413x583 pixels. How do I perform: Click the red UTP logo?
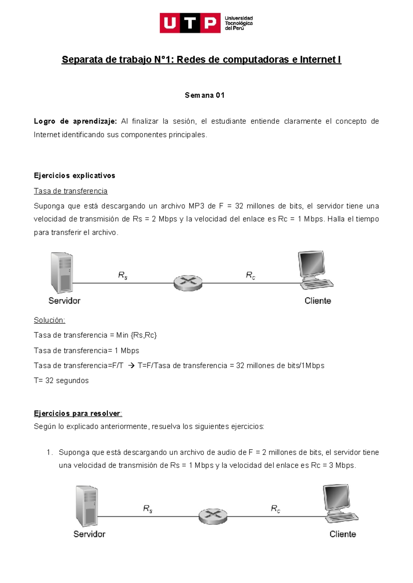[190, 23]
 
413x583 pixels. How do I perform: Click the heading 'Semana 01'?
[204, 95]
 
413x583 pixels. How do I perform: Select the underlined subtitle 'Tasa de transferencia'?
[71, 191]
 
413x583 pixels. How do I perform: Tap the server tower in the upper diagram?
[62, 273]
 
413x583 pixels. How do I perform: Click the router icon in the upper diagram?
[188, 283]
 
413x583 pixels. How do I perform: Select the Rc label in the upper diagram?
[250, 275]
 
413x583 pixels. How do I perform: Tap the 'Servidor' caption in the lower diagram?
[89, 534]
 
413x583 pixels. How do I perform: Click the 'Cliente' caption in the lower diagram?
[342, 534]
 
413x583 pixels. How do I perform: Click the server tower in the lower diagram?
[87, 506]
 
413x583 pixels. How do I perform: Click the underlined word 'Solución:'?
[50, 320]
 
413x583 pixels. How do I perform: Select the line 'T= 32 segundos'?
[61, 381]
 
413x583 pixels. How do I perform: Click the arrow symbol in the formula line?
[131, 366]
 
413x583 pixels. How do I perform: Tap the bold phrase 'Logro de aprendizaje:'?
[75, 121]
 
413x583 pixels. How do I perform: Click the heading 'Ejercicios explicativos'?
[74, 176]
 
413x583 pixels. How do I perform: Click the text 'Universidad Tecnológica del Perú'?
[239, 23]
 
